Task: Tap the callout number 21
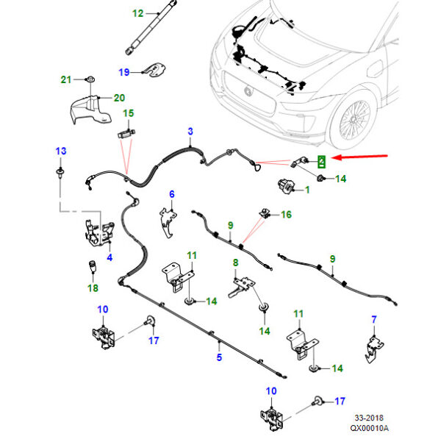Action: [65, 79]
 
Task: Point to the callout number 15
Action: [129, 113]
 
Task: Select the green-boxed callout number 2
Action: [322, 160]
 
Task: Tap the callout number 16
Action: [286, 215]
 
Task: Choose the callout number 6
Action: [172, 194]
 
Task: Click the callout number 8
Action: [236, 263]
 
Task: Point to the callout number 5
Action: [218, 357]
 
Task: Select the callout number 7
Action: [373, 319]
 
